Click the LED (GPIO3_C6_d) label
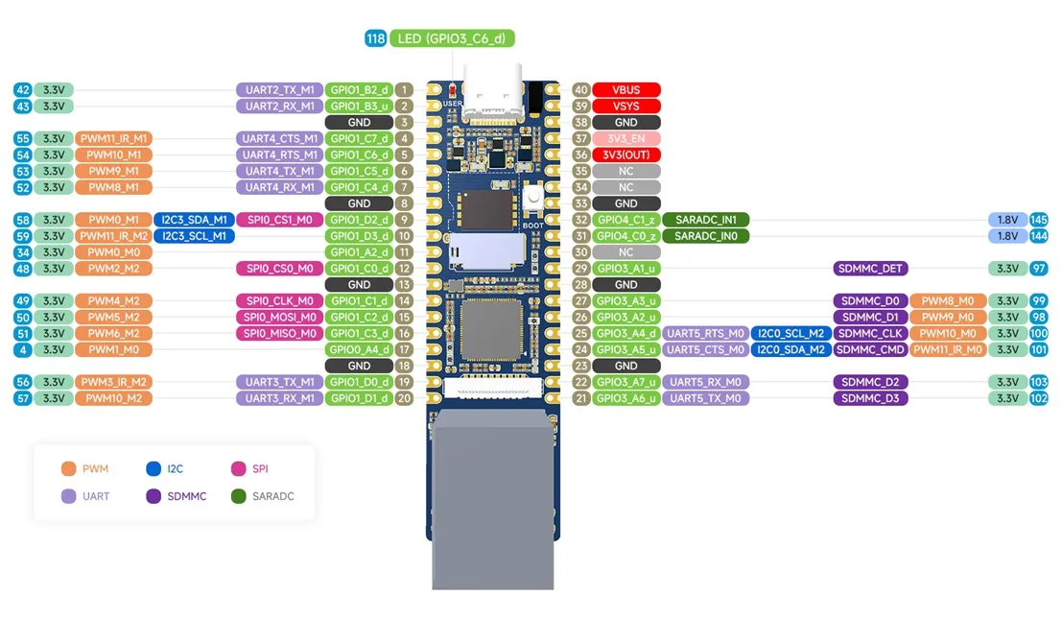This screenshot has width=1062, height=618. [452, 38]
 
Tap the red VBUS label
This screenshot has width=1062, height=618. [625, 89]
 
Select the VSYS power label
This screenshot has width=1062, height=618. [625, 106]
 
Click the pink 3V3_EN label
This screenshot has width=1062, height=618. [625, 138]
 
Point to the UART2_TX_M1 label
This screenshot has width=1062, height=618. [280, 89]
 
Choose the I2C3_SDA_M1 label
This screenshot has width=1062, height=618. [195, 220]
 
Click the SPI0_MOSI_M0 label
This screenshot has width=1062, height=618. [280, 317]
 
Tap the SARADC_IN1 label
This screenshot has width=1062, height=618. [706, 220]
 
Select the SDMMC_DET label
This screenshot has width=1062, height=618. [870, 269]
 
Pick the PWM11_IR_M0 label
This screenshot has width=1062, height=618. [948, 349]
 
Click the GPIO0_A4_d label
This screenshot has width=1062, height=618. [359, 349]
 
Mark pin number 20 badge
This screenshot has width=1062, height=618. [404, 398]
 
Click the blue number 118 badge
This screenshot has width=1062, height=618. [375, 38]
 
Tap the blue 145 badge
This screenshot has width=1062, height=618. [1038, 220]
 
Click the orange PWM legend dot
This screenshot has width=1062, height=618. [68, 468]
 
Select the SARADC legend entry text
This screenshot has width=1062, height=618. [273, 496]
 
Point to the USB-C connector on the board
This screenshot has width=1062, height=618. [492, 91]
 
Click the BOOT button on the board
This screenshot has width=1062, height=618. [533, 199]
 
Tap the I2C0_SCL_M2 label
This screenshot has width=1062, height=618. [791, 333]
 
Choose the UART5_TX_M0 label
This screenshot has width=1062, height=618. [706, 398]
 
